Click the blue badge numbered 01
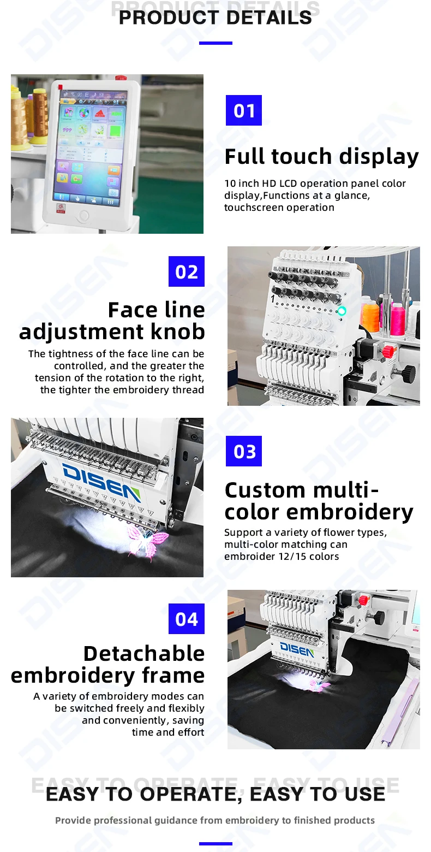(244, 110)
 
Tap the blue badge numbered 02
(187, 271)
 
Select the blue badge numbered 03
(244, 451)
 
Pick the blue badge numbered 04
(187, 619)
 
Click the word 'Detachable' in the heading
(144, 653)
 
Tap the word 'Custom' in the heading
(258, 490)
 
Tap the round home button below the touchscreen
(83, 216)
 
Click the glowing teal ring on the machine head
(342, 311)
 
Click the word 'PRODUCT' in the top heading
(161, 17)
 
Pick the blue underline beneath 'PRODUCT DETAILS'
(215, 43)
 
